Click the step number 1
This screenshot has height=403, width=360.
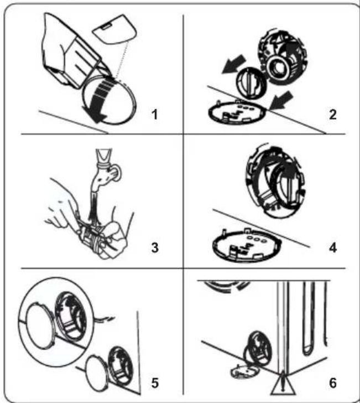pos(155,115)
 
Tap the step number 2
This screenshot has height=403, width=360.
pos(332,115)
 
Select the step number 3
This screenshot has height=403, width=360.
pos(155,248)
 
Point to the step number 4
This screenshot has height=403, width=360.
pos(333,248)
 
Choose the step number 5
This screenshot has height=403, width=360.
pos(155,383)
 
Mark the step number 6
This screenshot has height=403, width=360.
pos(333,383)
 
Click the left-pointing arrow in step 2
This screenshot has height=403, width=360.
pos(234,65)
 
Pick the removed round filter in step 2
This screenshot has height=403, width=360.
pos(251,83)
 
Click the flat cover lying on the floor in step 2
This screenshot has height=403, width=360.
pos(237,113)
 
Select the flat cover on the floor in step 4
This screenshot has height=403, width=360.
pos(247,245)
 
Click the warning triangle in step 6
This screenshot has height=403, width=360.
pos(283,384)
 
